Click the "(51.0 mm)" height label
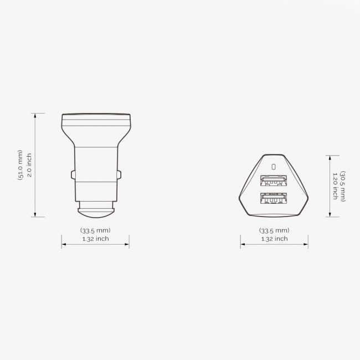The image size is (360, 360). pos(20,165)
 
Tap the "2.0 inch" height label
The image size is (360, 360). pos(29,165)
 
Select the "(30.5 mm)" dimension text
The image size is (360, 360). pos(343,186)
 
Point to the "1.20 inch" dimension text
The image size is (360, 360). pos(335,186)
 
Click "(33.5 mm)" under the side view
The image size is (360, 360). pos(95,230)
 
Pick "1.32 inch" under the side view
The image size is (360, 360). pos(95,239)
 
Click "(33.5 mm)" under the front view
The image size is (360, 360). pos(274,230)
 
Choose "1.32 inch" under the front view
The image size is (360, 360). pos(275,239)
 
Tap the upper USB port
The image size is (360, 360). pos(273,181)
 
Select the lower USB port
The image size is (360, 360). pos(273,198)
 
